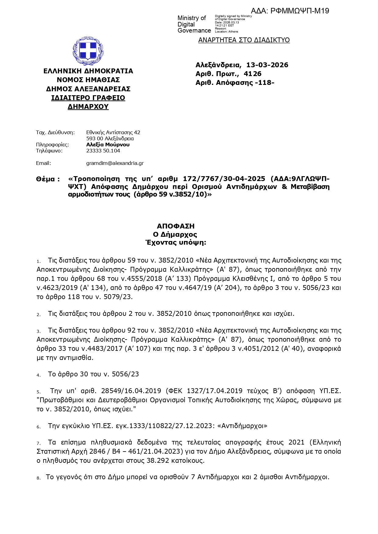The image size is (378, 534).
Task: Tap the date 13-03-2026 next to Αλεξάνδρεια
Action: tap(267, 65)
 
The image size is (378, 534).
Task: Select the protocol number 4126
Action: tap(253, 74)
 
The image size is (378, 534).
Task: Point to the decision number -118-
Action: tap(264, 82)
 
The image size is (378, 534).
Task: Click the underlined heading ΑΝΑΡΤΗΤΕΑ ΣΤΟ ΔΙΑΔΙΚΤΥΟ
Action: tap(244, 40)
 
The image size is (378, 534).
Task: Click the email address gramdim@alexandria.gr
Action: tap(115, 163)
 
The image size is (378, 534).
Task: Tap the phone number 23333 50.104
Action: tap(103, 151)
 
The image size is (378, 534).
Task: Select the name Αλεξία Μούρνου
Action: tap(108, 145)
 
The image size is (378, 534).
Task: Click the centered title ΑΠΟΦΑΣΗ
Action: tap(175, 226)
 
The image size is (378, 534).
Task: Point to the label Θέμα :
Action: tap(48, 179)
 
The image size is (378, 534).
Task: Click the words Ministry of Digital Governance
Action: tap(194, 24)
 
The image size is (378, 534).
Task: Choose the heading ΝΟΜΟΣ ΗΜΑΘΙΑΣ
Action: tap(88, 80)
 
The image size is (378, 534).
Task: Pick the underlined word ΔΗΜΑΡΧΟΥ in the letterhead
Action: tap(88, 107)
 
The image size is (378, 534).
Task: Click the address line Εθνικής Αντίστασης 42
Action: tap(113, 132)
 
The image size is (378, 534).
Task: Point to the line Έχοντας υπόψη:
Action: tap(175, 243)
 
